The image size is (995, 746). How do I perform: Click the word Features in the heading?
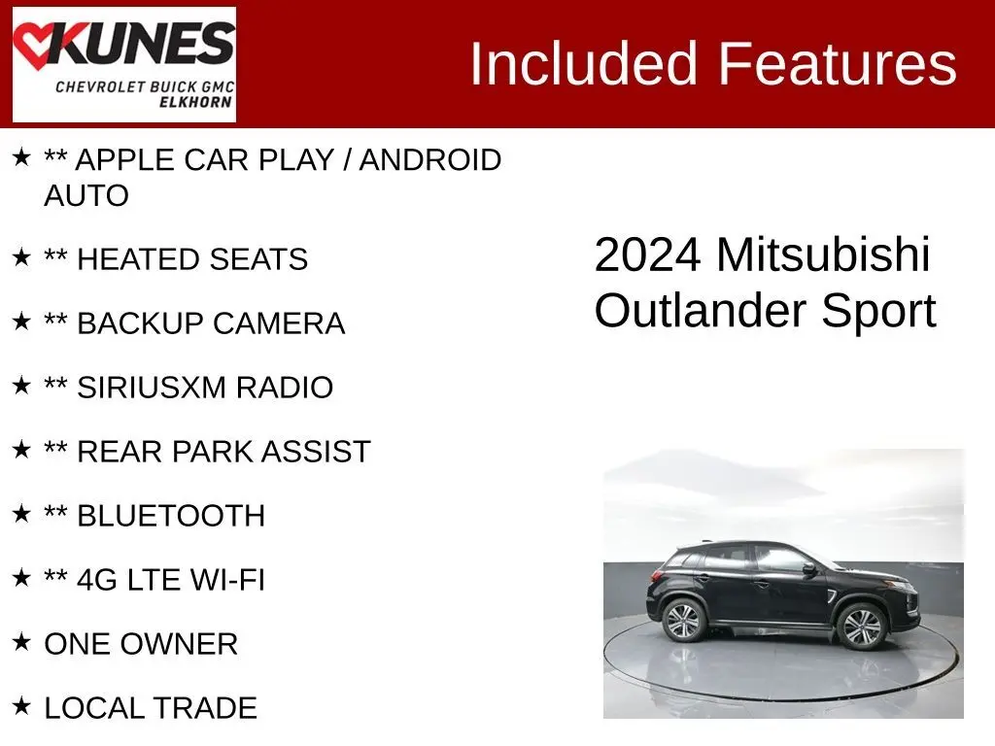tap(839, 64)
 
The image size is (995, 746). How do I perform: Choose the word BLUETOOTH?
tap(170, 516)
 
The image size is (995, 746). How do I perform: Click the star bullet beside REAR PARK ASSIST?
tap(21, 450)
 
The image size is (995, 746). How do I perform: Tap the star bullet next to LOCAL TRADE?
tap(21, 706)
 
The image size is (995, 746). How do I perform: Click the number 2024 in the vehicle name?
tap(647, 255)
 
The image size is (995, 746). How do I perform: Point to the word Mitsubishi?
tap(823, 255)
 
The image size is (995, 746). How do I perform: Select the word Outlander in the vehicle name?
tap(701, 312)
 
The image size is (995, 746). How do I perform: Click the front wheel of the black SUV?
tap(861, 627)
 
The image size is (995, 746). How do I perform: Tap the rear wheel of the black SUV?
tap(684, 620)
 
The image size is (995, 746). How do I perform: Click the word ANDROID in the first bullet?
tap(429, 160)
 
